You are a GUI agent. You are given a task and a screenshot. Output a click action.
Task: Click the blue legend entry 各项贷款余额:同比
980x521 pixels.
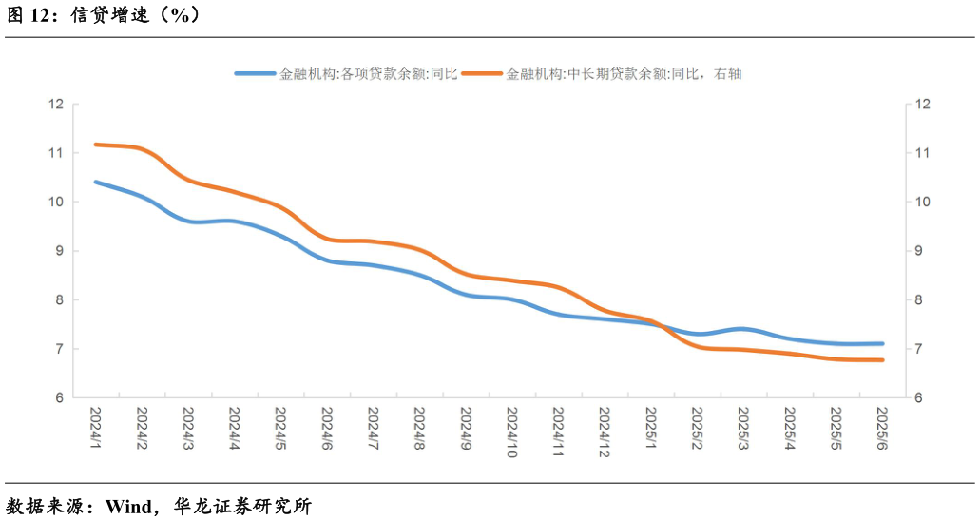[x=347, y=73]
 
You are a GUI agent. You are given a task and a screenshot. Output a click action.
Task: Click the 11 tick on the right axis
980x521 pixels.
[x=920, y=153]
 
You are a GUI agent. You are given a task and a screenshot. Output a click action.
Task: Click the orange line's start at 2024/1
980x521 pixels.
[x=96, y=145]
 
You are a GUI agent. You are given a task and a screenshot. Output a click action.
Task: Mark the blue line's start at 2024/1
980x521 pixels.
[x=96, y=182]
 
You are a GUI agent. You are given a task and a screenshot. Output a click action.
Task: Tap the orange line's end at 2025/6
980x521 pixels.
[x=883, y=359]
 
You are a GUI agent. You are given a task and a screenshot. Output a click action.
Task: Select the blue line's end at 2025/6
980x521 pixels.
[x=883, y=343]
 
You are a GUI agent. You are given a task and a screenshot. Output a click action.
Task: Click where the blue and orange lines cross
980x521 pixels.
[x=663, y=325]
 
